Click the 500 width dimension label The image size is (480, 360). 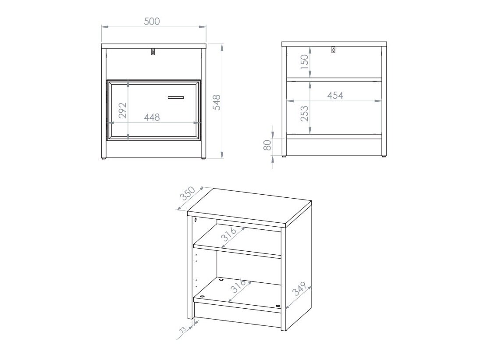(152, 21)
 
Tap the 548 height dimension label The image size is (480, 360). (216, 103)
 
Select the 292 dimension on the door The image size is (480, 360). (122, 110)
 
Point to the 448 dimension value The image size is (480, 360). (152, 117)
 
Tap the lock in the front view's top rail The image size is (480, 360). (153, 52)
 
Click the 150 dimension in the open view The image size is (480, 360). (305, 60)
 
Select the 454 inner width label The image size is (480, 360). (335, 95)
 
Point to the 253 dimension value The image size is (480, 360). (305, 113)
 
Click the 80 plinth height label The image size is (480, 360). (267, 145)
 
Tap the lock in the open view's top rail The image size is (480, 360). (334, 50)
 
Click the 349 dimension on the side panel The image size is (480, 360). (299, 289)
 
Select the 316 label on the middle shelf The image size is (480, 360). (229, 234)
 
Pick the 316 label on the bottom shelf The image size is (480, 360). (239, 286)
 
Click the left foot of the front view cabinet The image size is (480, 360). (104, 158)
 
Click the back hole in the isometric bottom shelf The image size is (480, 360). (220, 279)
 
